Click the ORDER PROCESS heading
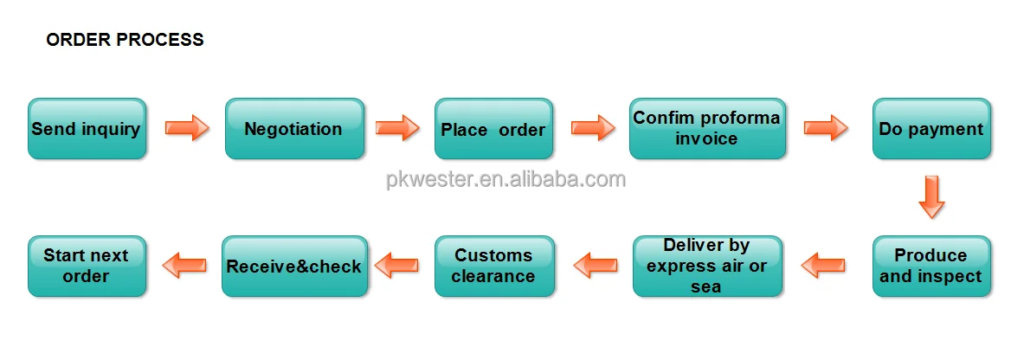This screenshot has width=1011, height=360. [125, 40]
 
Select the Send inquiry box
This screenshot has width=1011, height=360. [87, 129]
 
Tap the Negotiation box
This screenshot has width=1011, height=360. [293, 129]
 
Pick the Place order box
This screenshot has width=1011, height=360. [493, 129]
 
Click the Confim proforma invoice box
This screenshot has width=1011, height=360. [707, 129]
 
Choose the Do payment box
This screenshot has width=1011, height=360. [931, 129]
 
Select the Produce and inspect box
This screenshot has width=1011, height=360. [931, 267]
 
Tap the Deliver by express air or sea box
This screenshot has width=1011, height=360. [707, 267]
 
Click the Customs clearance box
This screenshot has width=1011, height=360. [493, 267]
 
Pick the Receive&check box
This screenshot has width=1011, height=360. [293, 267]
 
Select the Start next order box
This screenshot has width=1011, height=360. [87, 267]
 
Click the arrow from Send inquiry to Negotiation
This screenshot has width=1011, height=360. [187, 128]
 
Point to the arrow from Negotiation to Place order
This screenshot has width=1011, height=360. [398, 128]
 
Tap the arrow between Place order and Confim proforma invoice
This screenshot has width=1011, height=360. [593, 128]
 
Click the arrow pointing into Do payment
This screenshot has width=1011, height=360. [826, 128]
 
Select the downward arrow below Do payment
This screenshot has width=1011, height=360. [931, 196]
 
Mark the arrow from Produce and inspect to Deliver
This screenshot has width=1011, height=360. [823, 265]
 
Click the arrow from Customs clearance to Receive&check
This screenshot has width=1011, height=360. [396, 265]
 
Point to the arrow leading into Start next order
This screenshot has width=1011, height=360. [184, 265]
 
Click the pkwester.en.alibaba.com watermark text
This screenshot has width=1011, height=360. [505, 180]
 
